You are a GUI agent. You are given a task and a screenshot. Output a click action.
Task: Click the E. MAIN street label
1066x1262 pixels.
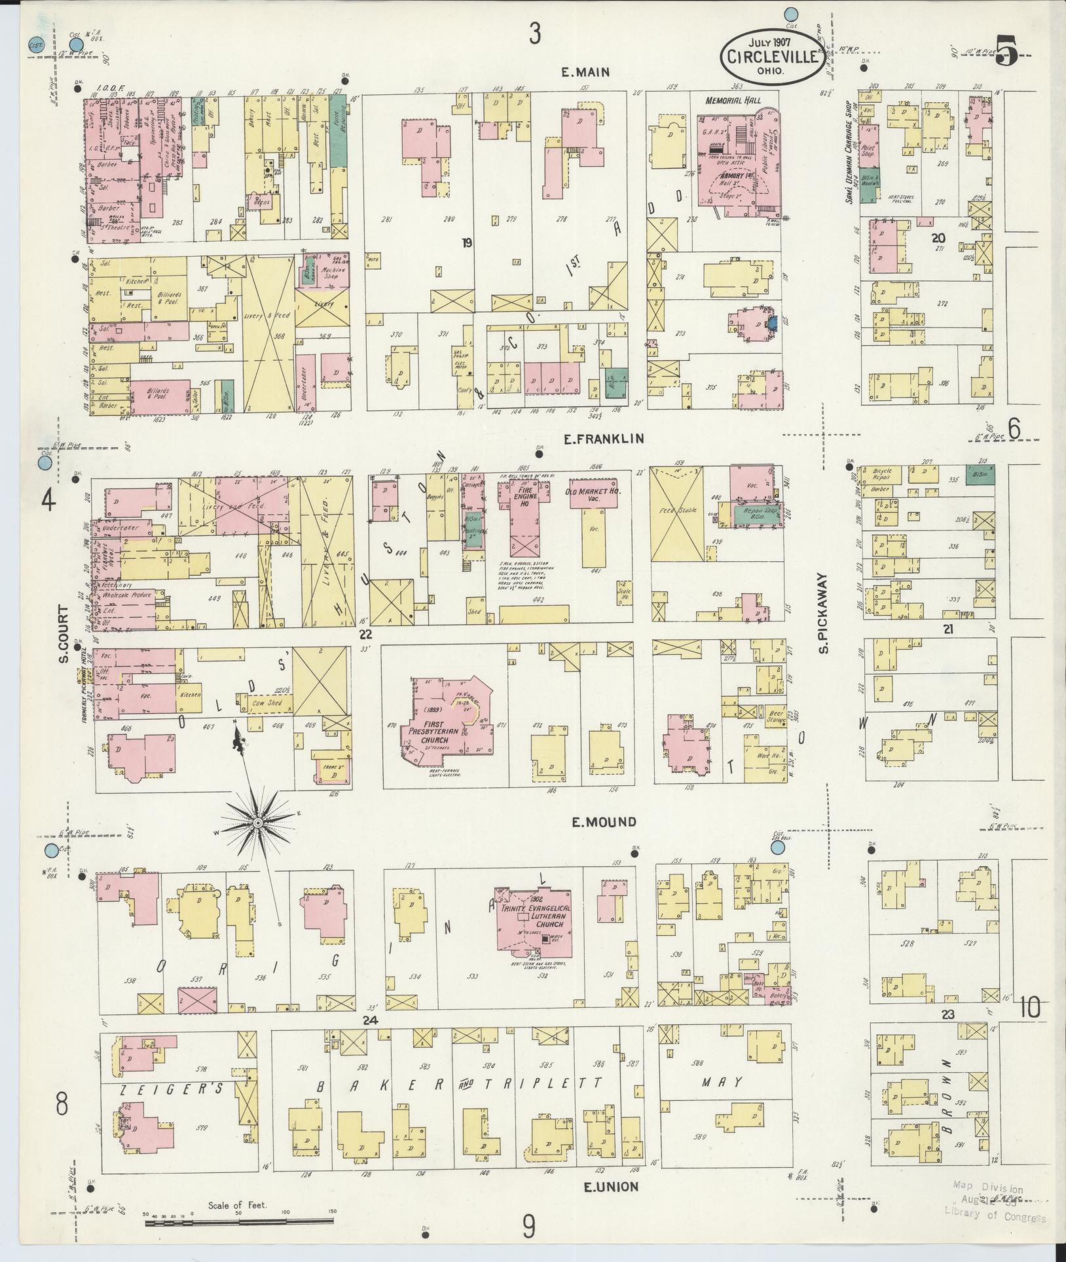[x=585, y=73]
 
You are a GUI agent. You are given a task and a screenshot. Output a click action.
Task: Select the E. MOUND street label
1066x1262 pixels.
[x=604, y=822]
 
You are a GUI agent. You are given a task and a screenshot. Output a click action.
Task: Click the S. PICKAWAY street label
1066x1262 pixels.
[x=823, y=614]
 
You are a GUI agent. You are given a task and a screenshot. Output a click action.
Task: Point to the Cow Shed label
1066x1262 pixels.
[x=265, y=705]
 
